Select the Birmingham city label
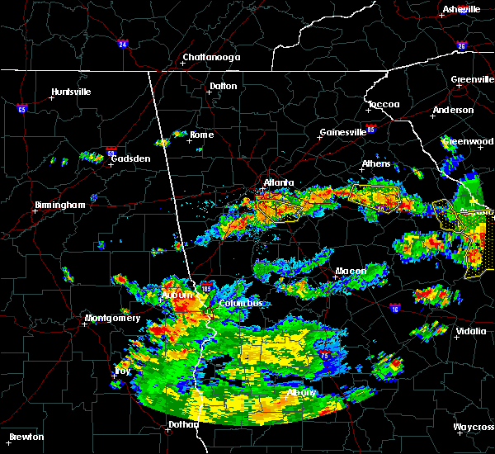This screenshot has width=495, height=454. click(59, 205)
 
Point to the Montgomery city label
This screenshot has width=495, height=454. click(112, 318)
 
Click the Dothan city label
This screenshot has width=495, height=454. click(182, 424)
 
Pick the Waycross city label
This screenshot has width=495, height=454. click(473, 427)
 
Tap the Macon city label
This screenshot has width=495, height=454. click(351, 271)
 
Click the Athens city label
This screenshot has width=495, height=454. click(376, 163)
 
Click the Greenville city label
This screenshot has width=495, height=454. click(472, 80)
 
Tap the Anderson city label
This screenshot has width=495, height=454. click(453, 110)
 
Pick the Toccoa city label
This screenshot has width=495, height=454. click(384, 104)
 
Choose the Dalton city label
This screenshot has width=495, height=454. click(223, 86)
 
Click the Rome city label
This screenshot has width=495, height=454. click(201, 135)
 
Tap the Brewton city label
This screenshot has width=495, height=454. click(27, 437)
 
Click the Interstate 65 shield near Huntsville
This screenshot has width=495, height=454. click(22, 108)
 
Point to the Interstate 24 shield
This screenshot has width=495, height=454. click(122, 43)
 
